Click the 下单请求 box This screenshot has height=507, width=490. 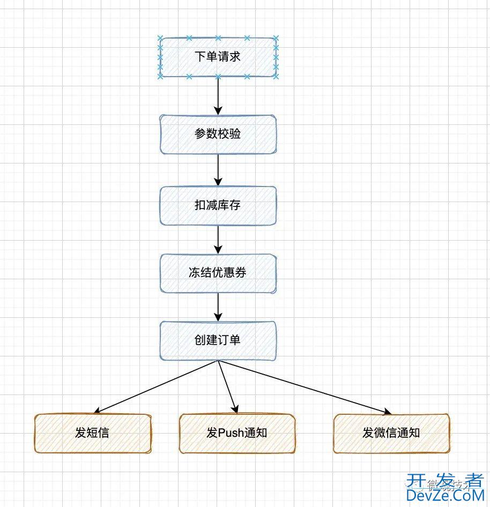(218, 57)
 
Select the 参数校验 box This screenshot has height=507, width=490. (218, 134)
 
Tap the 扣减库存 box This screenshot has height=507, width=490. (218, 205)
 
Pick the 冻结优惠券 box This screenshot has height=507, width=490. (218, 273)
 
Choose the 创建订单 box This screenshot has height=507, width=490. (218, 340)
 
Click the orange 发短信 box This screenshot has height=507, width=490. (92, 433)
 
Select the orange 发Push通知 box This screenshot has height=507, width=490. (237, 433)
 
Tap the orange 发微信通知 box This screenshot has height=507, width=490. (391, 433)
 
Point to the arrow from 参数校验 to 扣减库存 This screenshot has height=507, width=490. (218, 170)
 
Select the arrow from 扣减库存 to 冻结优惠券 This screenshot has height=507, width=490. (218, 239)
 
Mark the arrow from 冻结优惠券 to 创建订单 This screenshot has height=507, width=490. (218, 307)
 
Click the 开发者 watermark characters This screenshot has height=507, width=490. (444, 480)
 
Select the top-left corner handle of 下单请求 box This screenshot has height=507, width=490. (160, 38)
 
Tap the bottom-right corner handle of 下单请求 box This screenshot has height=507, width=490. (276, 76)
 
